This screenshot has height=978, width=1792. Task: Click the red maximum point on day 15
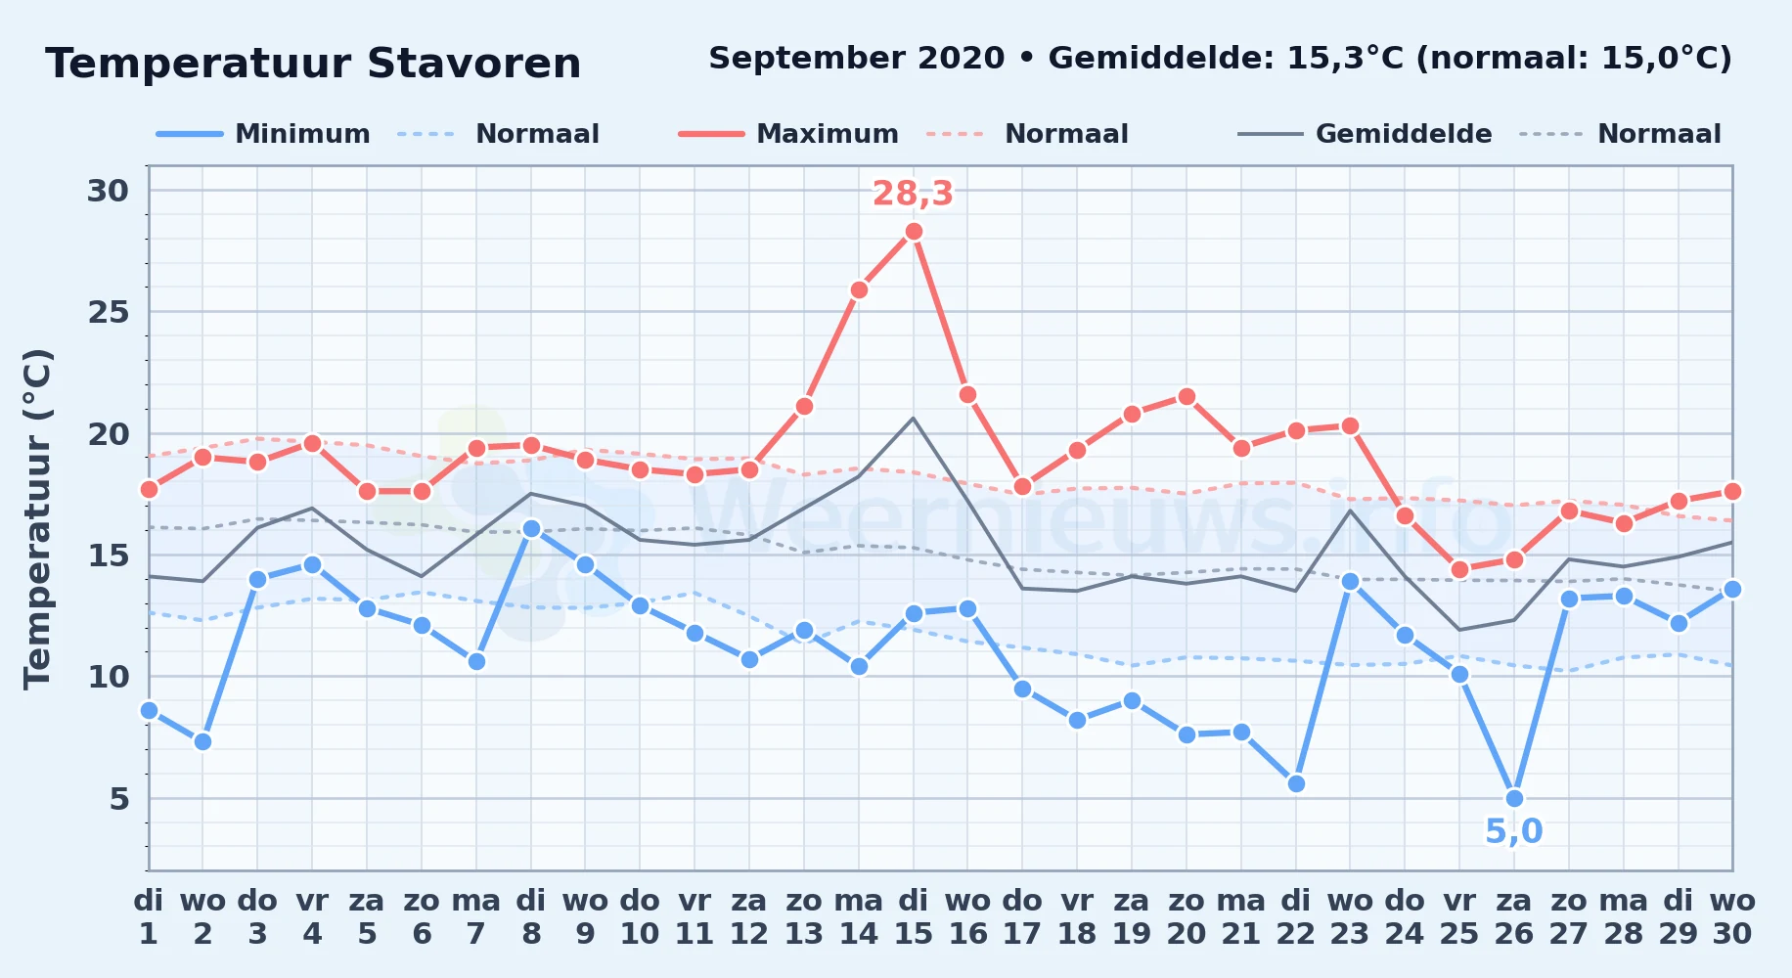tap(914, 232)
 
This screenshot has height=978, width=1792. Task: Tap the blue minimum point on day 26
tap(1514, 798)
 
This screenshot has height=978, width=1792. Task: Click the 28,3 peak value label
tap(913, 194)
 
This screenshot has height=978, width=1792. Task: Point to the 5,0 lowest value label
tap(1514, 831)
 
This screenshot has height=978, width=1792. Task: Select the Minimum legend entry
tap(264, 134)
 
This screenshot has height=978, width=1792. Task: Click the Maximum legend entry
tap(788, 134)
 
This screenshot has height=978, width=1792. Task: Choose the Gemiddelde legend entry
tap(1365, 134)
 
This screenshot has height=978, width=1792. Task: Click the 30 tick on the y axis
tap(109, 191)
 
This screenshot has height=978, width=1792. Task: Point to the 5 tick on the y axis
tap(119, 799)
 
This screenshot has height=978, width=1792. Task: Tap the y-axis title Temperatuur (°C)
tap(37, 518)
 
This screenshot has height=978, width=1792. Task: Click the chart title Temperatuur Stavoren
tap(313, 64)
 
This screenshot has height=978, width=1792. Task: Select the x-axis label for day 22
tap(1295, 917)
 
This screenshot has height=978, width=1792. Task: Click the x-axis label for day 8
tap(531, 917)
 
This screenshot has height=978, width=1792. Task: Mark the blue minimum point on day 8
tap(531, 528)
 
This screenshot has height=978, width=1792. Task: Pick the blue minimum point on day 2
tap(202, 741)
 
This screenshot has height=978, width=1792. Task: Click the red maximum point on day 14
tap(859, 289)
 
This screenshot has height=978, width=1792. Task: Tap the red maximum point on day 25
tap(1459, 570)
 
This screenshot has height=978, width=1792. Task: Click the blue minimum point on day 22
tap(1296, 783)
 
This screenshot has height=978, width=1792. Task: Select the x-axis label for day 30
tap(1732, 917)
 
